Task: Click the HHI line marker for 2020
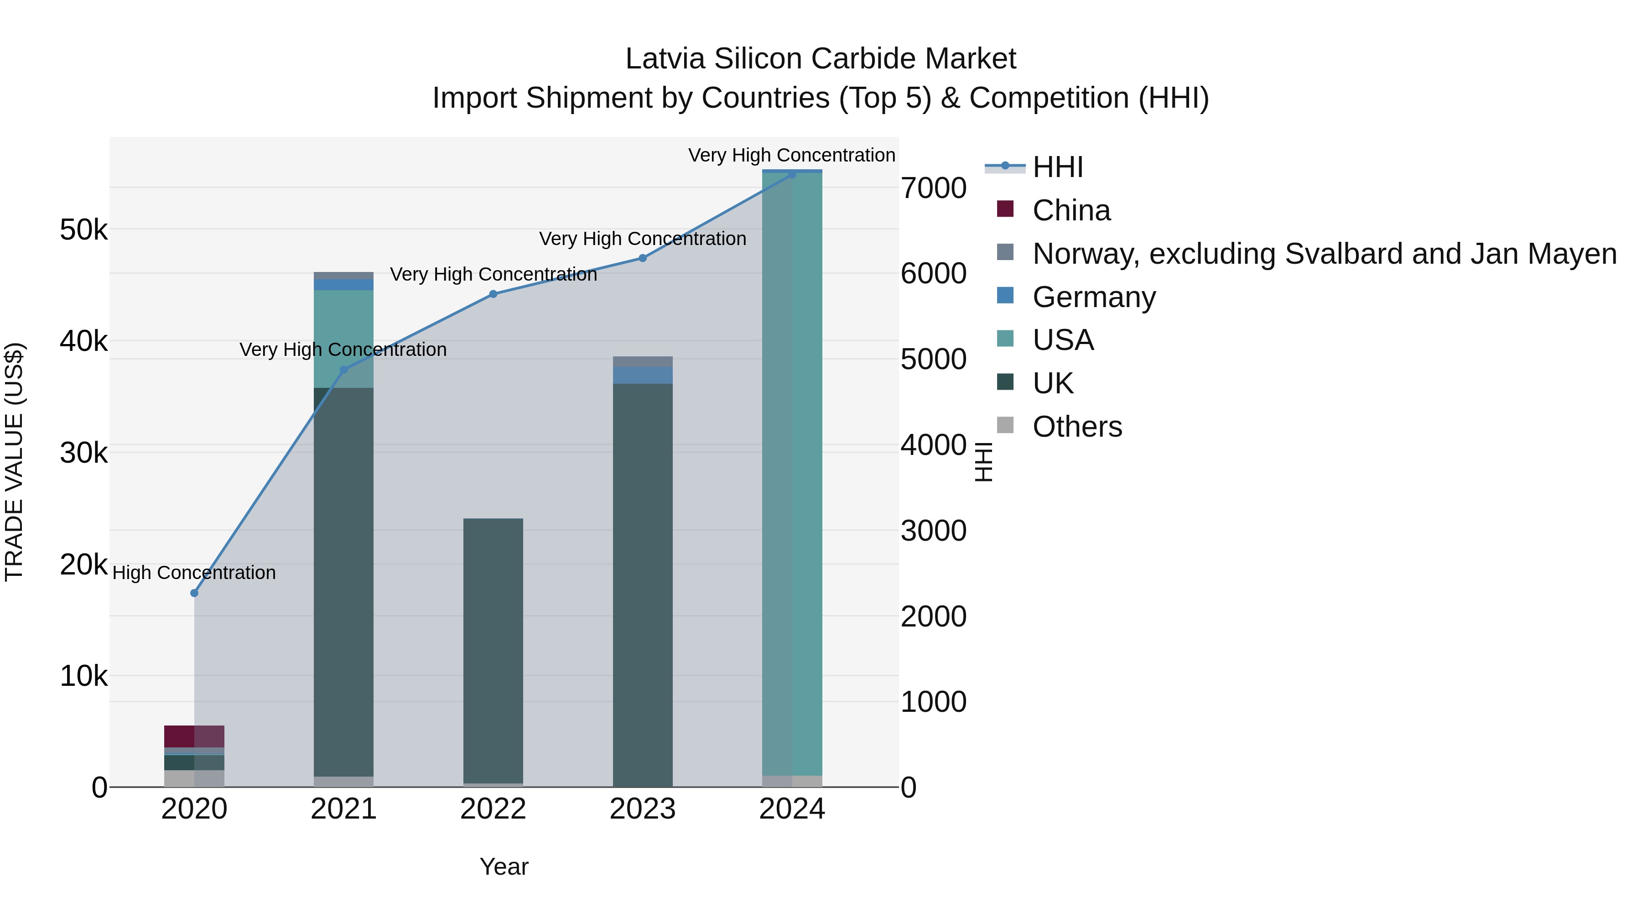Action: point(194,593)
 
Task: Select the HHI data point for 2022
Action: point(493,294)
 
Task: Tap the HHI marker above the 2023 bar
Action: point(643,258)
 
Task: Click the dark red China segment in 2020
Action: point(194,736)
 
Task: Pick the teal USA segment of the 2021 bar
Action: point(343,338)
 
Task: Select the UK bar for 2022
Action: point(493,650)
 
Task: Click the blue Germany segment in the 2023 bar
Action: point(643,375)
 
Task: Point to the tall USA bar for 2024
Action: point(792,472)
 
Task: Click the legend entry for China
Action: point(1071,210)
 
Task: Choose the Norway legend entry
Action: point(1324,254)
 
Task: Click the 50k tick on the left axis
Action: point(83,230)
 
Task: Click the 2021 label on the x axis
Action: point(343,809)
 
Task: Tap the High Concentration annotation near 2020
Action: point(194,573)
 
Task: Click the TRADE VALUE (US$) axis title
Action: point(14,462)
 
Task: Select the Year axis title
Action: point(504,867)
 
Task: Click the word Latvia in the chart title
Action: point(665,59)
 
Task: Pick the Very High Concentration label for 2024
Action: point(792,155)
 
